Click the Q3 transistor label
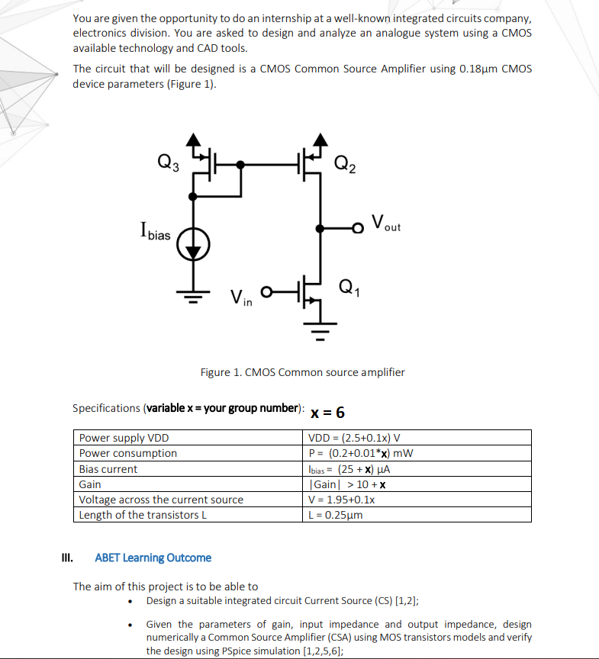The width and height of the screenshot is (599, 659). pos(168,162)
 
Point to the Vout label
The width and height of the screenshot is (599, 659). pos(386,224)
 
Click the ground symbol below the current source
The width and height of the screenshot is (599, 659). pos(194,295)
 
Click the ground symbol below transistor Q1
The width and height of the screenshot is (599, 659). pos(321,331)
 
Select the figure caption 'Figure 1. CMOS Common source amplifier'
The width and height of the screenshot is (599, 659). pos(302,372)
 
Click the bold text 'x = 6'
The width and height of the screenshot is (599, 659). pos(328,413)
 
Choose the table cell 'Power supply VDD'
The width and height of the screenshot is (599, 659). pos(124,438)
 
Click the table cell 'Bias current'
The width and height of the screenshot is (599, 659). pos(108,468)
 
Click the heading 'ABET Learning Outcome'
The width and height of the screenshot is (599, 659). pos(153,558)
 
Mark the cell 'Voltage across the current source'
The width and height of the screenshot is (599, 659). pos(161,500)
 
